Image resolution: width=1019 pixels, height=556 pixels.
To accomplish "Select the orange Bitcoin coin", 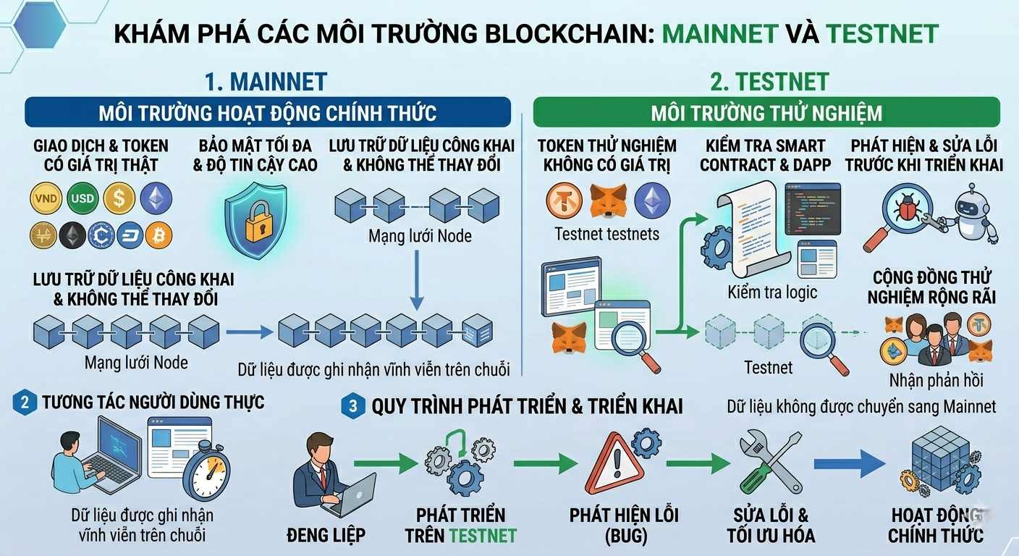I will click(x=158, y=235).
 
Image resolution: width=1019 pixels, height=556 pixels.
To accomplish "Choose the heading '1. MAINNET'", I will click(x=266, y=82).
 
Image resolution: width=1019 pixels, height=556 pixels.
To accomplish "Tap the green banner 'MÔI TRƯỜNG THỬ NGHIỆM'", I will click(x=766, y=113).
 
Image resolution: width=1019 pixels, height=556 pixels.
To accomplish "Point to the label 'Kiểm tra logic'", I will click(x=772, y=292).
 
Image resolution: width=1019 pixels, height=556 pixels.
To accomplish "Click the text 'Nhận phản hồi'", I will click(x=936, y=379).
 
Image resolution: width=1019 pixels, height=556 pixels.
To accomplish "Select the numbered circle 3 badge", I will click(x=352, y=406).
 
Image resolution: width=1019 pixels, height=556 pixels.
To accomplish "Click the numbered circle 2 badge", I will click(x=25, y=403).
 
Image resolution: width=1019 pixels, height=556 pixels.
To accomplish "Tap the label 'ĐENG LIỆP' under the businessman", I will click(x=326, y=536).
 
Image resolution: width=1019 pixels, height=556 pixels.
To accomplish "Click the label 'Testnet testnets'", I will click(x=606, y=233).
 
